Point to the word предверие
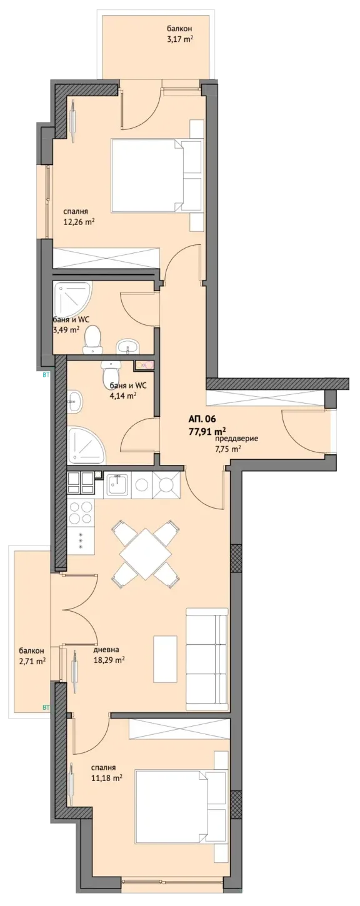pyautogui.click(x=237, y=439)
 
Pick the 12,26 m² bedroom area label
pyautogui.click(x=79, y=221)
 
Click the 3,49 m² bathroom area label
pyautogui.click(x=66, y=329)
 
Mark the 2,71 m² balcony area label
pyautogui.click(x=32, y=661)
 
